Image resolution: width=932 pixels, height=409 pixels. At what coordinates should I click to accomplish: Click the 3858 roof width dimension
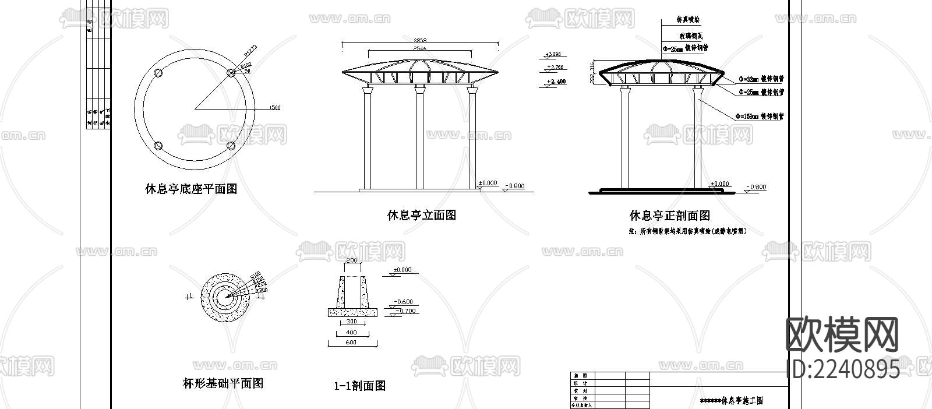click(x=420, y=40)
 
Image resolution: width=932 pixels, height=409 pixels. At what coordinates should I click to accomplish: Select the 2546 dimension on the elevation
click(x=420, y=49)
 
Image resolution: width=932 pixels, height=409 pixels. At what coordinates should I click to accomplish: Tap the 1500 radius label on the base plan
click(x=274, y=107)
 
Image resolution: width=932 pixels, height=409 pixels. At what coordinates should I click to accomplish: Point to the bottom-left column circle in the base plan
click(x=158, y=146)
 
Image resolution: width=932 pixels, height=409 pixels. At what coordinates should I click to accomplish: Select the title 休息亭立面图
click(x=422, y=215)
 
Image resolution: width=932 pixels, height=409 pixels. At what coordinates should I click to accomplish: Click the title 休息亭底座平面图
click(x=191, y=189)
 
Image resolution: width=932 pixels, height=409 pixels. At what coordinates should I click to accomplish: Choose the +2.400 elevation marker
click(x=556, y=82)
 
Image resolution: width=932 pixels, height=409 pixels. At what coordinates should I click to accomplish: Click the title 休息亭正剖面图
click(x=669, y=216)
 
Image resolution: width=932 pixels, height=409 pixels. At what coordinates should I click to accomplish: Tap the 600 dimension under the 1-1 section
click(x=351, y=343)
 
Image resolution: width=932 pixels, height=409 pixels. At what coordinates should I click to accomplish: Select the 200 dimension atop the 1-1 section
click(x=351, y=260)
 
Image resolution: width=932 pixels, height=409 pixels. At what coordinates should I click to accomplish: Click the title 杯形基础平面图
click(x=223, y=383)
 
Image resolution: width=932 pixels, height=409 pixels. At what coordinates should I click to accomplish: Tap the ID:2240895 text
click(x=842, y=369)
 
